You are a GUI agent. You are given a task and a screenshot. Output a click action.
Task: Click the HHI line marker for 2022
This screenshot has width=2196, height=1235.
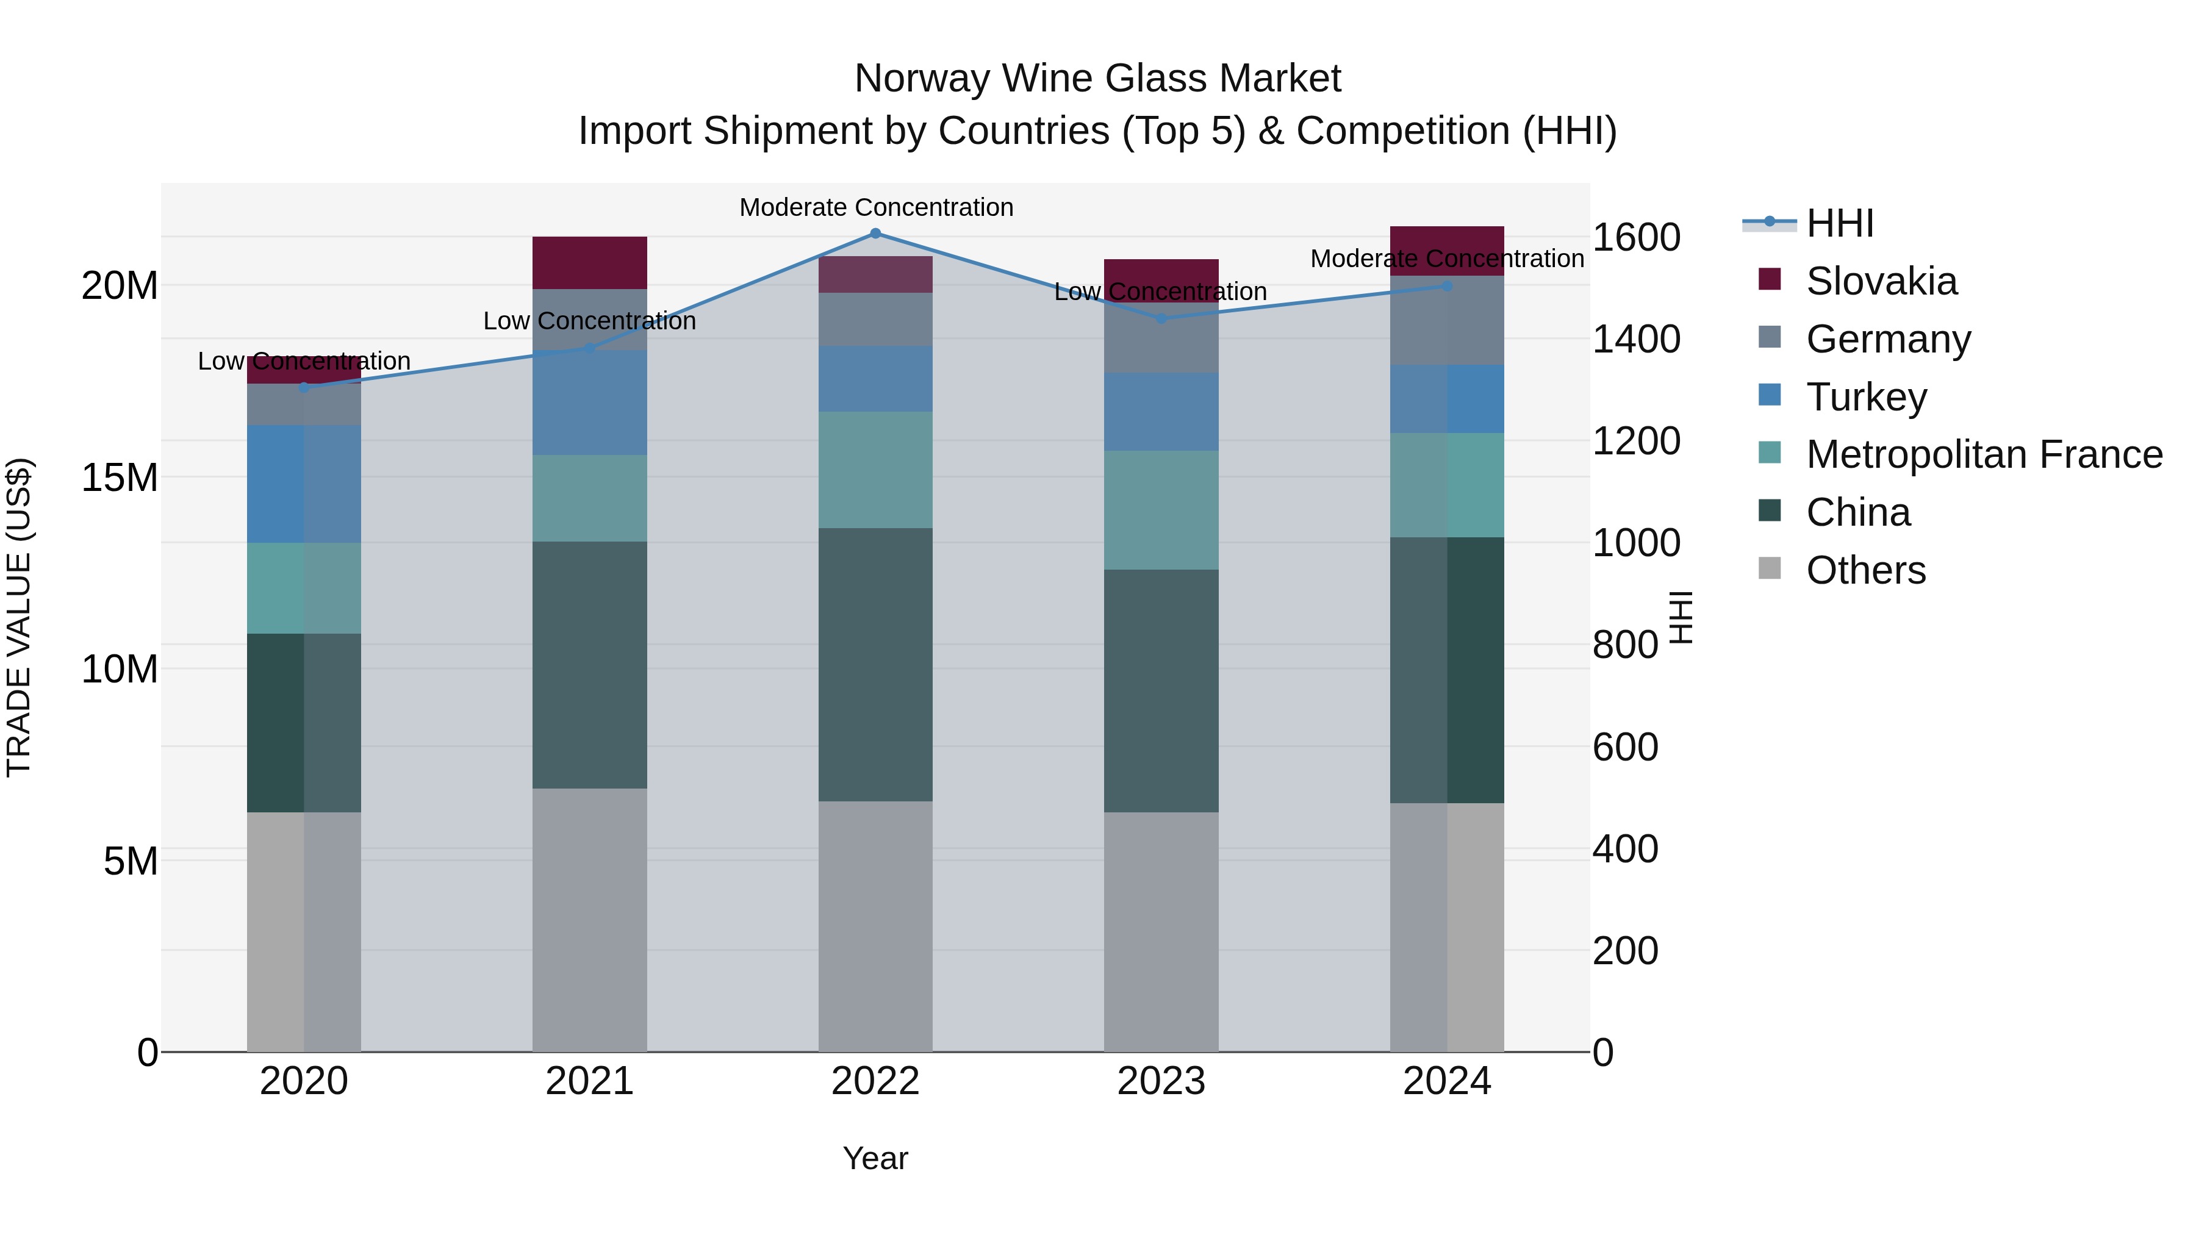point(875,234)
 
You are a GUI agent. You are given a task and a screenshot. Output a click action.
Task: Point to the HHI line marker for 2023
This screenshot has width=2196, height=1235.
point(1161,319)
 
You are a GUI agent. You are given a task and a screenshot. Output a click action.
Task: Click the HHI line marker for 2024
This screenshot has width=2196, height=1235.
point(1447,287)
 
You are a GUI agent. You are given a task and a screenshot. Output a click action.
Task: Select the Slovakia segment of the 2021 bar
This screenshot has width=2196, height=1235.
point(590,262)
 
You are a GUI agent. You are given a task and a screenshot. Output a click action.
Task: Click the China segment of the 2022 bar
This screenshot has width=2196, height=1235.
point(875,665)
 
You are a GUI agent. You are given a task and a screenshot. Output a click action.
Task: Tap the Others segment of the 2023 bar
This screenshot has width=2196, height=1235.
point(1161,931)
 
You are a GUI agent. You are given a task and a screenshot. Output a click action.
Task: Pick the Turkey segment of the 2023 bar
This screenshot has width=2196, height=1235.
point(1161,412)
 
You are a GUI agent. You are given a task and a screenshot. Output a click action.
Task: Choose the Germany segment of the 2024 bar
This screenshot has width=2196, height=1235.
point(1447,320)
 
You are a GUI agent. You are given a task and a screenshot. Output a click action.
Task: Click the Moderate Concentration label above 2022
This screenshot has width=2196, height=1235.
point(875,207)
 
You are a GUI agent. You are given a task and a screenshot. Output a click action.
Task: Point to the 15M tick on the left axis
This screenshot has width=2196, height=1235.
point(120,478)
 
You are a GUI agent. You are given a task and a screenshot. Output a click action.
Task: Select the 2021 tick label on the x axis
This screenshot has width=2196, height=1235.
point(590,1081)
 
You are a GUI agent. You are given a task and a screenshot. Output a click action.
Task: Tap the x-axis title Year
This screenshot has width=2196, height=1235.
point(875,1158)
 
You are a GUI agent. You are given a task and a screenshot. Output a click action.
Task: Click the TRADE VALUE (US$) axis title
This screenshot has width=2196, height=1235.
point(19,617)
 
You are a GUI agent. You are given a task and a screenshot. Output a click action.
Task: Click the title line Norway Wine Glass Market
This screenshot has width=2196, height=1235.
point(1097,79)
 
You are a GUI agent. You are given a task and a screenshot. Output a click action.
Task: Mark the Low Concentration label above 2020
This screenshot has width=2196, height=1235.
point(304,362)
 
